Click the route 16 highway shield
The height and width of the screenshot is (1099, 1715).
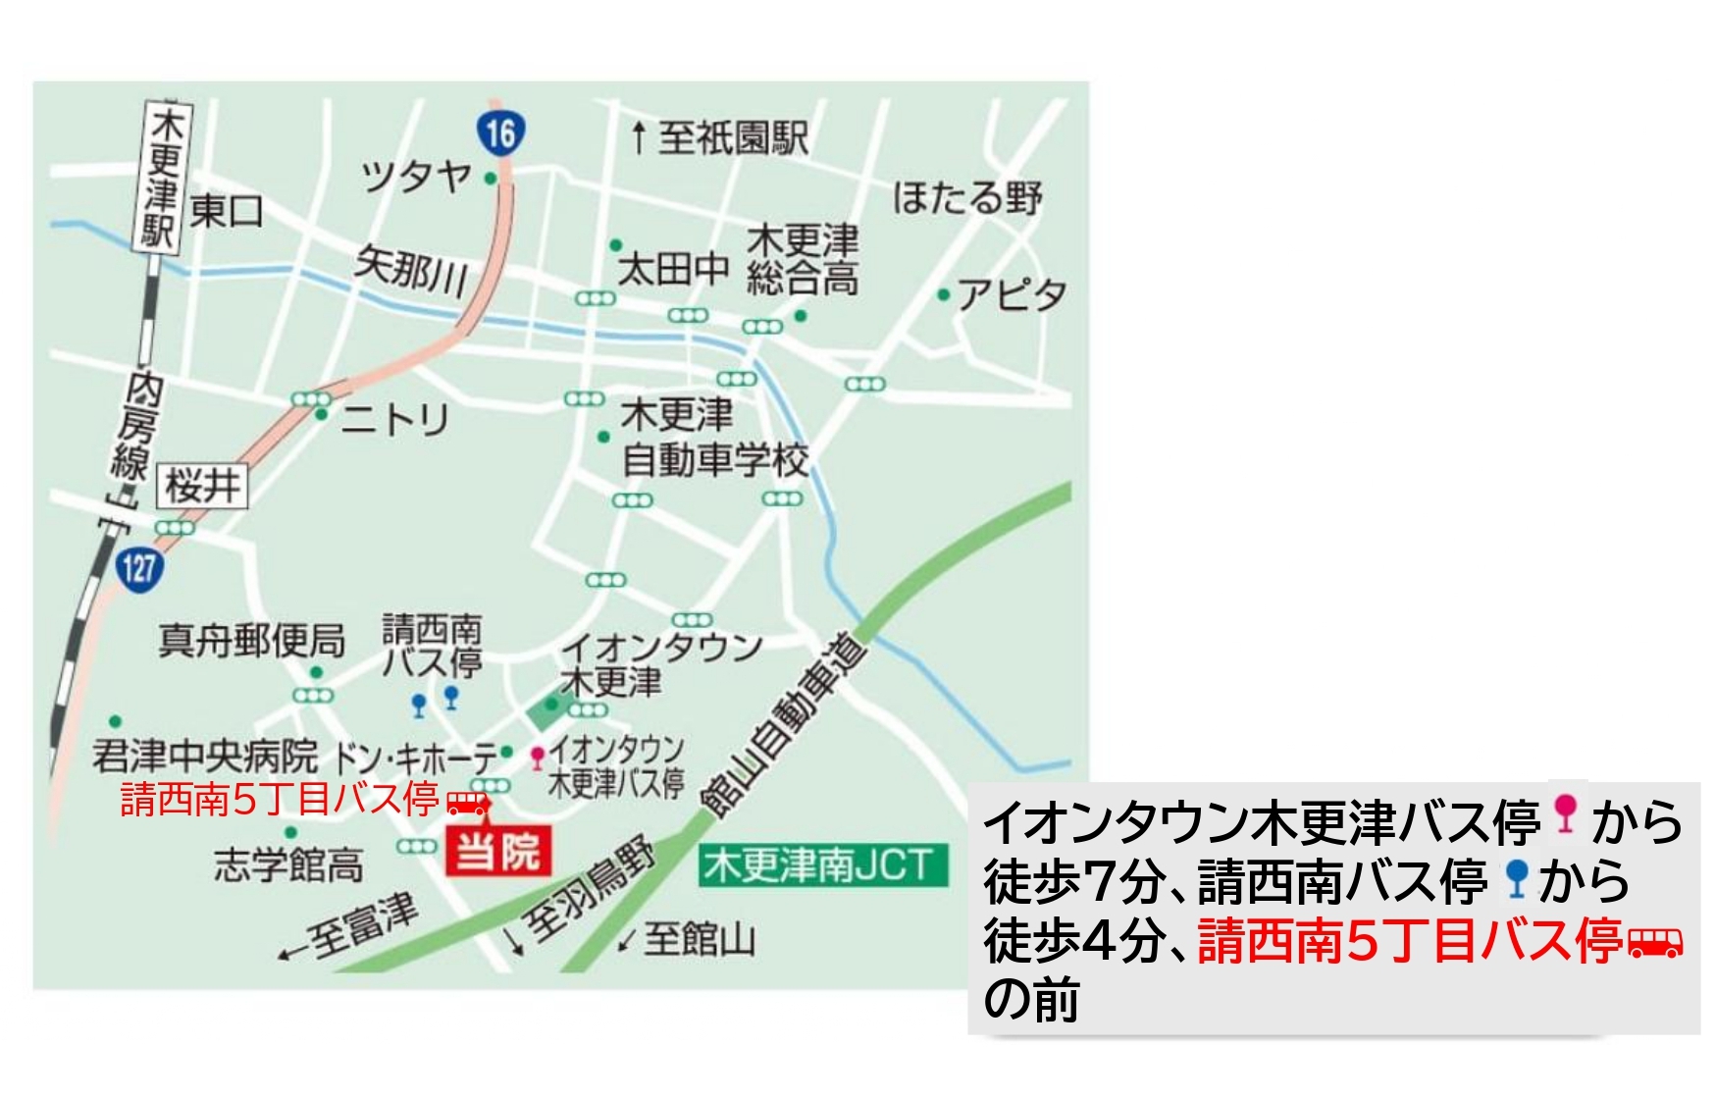(x=500, y=131)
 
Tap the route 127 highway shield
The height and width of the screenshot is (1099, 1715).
(x=139, y=566)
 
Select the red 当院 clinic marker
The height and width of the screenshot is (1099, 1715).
(x=498, y=850)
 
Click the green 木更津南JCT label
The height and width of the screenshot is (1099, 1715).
(x=822, y=865)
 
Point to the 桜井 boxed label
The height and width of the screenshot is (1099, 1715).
(x=203, y=486)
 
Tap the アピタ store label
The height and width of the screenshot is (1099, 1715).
(x=1012, y=293)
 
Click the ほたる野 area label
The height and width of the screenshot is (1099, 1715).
(x=966, y=197)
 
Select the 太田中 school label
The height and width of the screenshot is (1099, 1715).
(x=673, y=268)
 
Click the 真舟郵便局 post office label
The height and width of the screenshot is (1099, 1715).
(x=251, y=641)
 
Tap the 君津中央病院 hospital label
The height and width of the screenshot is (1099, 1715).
(x=205, y=756)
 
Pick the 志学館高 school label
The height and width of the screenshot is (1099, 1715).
(x=288, y=865)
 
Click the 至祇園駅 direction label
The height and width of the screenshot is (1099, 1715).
(x=722, y=137)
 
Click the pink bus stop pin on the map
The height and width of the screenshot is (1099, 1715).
(x=538, y=757)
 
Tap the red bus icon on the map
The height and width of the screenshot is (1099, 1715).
(x=468, y=803)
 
